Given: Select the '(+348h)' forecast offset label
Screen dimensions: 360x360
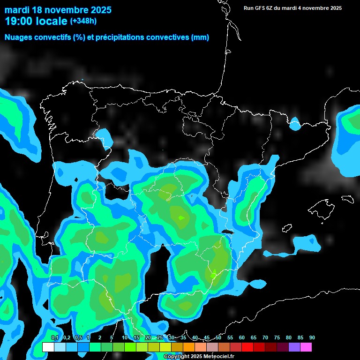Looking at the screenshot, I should pos(83,21).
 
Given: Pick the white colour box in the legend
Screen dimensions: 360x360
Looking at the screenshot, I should pos(48,347).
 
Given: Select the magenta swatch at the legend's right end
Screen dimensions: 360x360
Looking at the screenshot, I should pos(306,347).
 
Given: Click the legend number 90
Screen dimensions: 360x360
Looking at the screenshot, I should pos(312,338).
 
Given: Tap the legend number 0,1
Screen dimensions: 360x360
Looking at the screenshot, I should pos(55,338).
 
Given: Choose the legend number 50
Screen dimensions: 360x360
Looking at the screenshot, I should pos(218,338).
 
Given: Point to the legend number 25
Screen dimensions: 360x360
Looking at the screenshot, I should pos(160,338).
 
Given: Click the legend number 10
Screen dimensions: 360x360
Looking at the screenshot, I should pos(125,338).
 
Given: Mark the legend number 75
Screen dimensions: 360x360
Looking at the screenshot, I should pos(277,338).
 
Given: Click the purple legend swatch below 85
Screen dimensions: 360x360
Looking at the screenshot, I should pos(294,347).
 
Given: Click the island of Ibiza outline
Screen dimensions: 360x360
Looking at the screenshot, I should pos(286,227).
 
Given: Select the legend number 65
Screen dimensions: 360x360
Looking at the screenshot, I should pos(254,338).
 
